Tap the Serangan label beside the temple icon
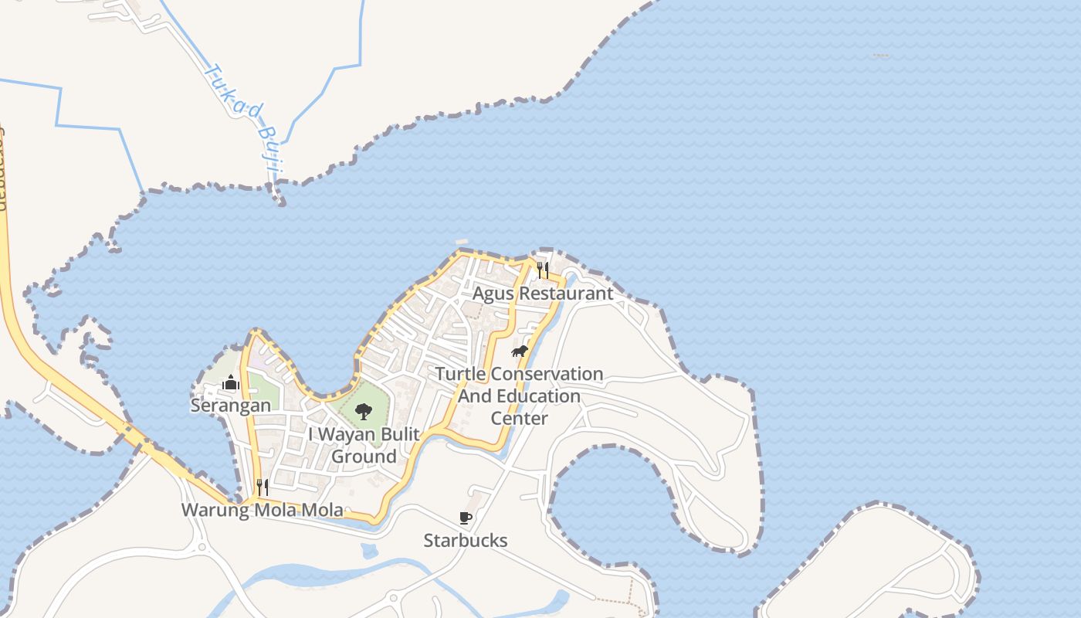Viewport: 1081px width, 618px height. pos(231,405)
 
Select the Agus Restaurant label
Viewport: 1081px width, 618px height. pos(543,294)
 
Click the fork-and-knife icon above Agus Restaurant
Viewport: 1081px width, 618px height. pos(543,270)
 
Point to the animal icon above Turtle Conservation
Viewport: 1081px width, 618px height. pos(520,351)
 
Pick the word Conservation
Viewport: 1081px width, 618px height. pos(547,374)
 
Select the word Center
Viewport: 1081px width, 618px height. pos(520,419)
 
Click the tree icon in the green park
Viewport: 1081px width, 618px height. pos(364,411)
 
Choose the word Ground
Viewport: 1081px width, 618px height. pos(364,457)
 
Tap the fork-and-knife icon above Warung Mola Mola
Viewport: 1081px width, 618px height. pos(263,487)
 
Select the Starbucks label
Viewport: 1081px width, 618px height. pos(466,540)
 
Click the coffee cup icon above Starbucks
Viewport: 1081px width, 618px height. pos(466,518)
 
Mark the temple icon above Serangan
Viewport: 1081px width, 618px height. pos(231,382)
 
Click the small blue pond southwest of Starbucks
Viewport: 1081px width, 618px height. pos(370,551)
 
